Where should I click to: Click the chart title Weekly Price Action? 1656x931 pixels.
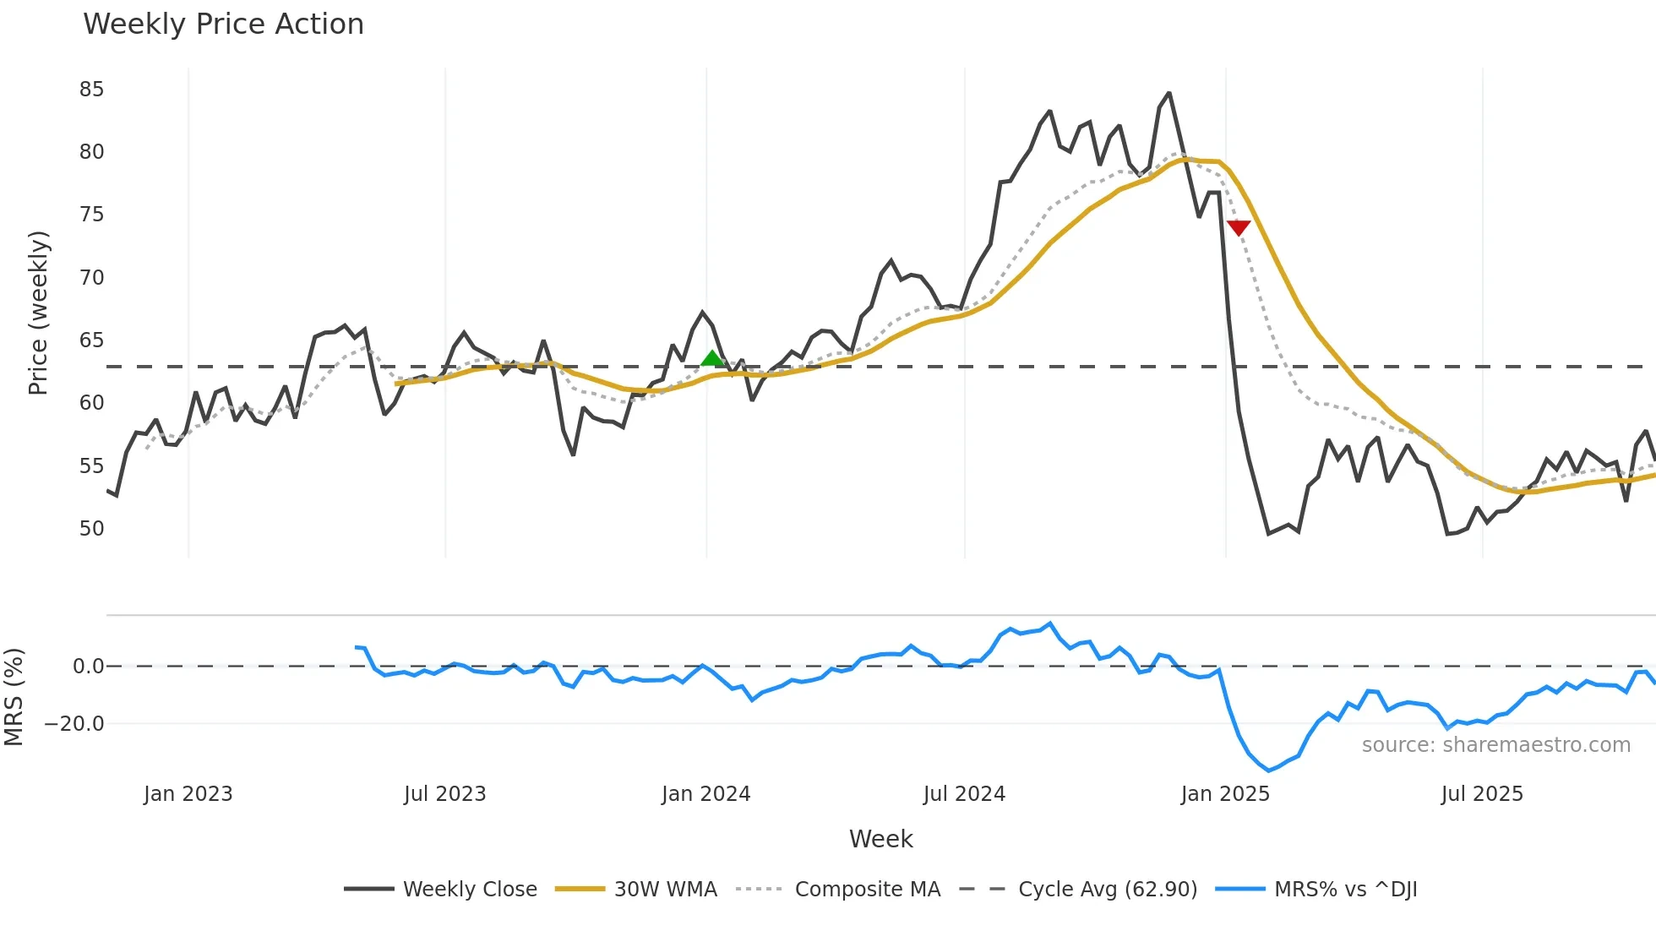click(223, 24)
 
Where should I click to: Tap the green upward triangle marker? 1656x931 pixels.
click(713, 359)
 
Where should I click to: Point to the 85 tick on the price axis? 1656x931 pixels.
click(91, 90)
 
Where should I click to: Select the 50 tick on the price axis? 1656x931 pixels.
click(91, 529)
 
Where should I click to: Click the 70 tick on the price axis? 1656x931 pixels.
click(91, 278)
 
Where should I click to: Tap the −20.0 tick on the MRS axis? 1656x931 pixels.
click(74, 724)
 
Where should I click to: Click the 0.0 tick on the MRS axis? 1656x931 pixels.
click(88, 667)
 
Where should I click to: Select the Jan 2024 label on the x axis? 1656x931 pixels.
click(705, 794)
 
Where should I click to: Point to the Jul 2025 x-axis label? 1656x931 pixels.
click(1482, 794)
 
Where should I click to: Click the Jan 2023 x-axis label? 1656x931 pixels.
click(188, 794)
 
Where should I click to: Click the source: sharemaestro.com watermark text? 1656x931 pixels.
click(1495, 745)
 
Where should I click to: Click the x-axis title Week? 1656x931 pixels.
click(880, 839)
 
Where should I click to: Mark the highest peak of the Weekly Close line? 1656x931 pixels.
click(1169, 93)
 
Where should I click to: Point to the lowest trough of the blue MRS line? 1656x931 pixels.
click(1268, 770)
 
